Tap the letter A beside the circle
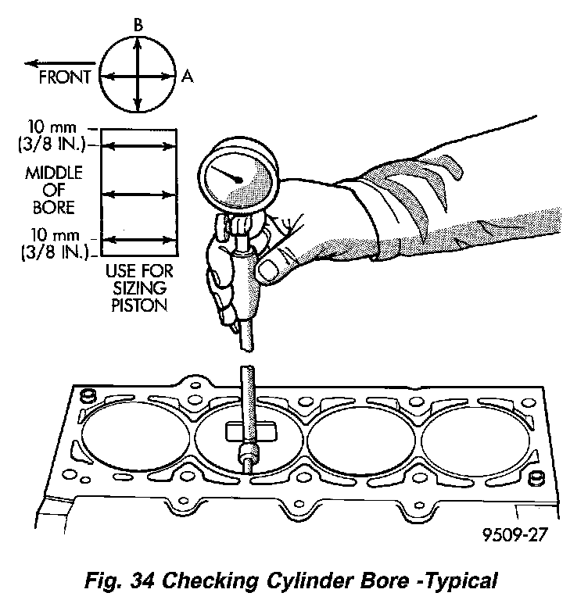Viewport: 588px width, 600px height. tap(188, 76)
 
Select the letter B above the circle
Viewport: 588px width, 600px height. tap(138, 26)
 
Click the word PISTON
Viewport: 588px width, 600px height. tap(140, 306)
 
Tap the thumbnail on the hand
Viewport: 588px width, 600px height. tap(267, 270)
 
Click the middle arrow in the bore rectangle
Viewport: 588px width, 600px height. tap(140, 193)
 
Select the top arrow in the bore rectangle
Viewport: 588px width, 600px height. tap(140, 145)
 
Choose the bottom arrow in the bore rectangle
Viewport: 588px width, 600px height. tap(140, 240)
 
